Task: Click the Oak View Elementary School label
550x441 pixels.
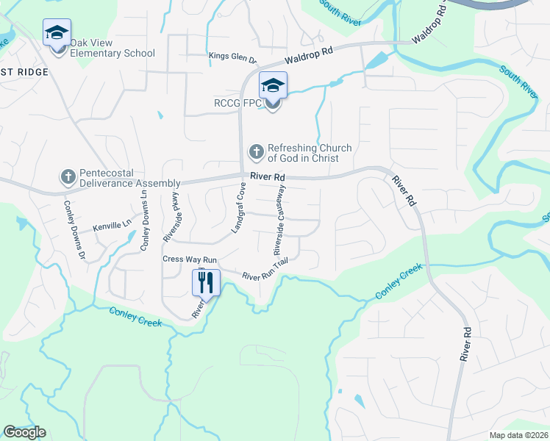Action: click(113, 53)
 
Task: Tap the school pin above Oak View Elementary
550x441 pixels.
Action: click(57, 33)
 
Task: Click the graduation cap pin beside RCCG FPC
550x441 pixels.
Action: click(273, 87)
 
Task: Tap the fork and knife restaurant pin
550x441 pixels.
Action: click(205, 282)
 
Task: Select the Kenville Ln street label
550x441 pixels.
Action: click(111, 229)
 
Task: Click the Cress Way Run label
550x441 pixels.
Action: click(190, 259)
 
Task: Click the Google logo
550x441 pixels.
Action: click(24, 431)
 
